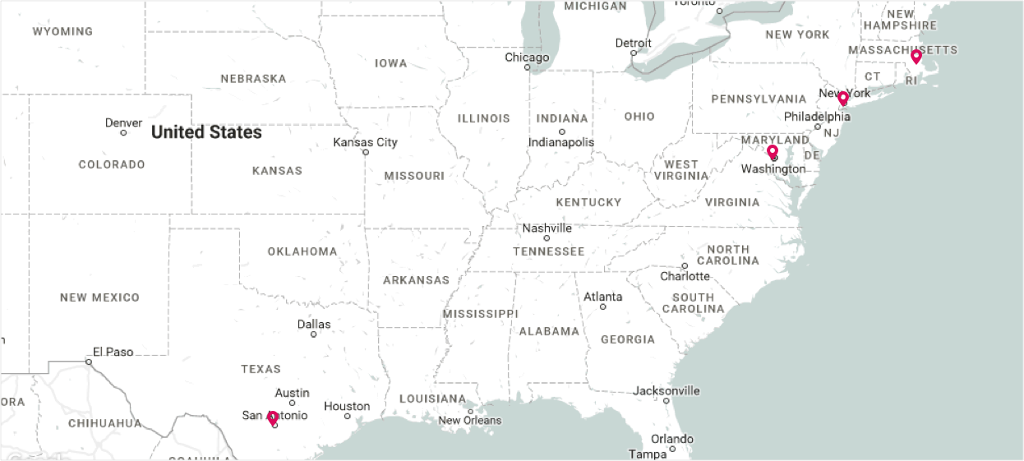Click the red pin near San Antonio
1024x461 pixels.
273,418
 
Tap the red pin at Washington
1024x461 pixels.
773,152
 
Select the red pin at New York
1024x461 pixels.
843,99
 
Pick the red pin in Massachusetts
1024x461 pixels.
916,57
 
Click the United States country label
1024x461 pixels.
206,132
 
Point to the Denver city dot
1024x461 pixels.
123,132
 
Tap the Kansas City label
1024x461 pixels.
365,142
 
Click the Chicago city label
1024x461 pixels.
527,58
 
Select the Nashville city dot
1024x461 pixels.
547,237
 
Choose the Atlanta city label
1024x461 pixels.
603,297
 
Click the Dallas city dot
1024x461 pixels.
313,334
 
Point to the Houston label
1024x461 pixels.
347,406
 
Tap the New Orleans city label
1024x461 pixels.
469,421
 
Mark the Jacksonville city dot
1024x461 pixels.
666,401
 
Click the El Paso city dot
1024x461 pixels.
89,362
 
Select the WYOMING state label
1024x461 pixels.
62,31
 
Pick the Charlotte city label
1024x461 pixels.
685,276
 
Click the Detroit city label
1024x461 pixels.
633,43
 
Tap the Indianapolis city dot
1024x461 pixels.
562,131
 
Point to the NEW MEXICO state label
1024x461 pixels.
99,297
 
